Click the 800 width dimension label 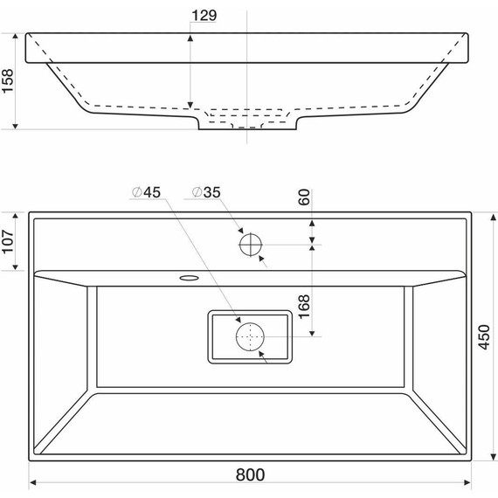tap(250, 474)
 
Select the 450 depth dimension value tap(484, 337)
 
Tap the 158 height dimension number tap(8, 81)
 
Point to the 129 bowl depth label tap(204, 15)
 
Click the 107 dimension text tap(8, 242)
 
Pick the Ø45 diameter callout tap(147, 192)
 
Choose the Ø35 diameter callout tap(206, 192)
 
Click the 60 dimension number tap(304, 197)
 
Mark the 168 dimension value tap(304, 307)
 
